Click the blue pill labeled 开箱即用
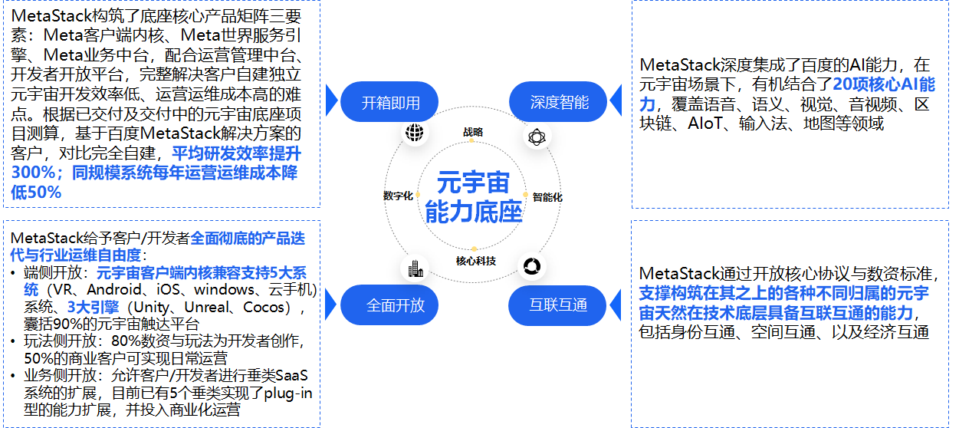tap(390, 102)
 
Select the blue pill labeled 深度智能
tap(559, 102)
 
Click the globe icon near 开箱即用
tap(415, 133)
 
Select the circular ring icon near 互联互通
tap(530, 266)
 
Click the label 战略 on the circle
tap(473, 132)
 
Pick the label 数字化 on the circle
tap(398, 196)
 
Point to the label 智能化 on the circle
tap(547, 197)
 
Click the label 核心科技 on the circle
tap(475, 261)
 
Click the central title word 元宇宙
tap(473, 183)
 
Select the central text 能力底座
tap(473, 212)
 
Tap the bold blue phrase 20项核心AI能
tap(883, 84)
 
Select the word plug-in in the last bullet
tap(287, 393)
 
